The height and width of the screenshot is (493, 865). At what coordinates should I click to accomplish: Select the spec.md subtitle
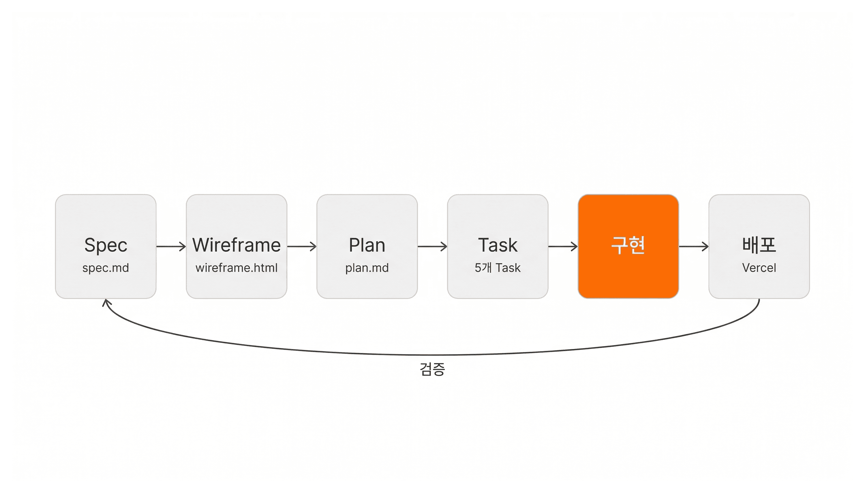coord(106,268)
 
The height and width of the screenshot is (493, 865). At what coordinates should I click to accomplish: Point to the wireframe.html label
coord(237,268)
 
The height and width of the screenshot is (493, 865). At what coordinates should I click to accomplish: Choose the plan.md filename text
coord(367,268)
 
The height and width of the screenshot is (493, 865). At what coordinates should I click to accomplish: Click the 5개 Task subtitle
coord(498,268)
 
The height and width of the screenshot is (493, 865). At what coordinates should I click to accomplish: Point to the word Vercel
coord(759,268)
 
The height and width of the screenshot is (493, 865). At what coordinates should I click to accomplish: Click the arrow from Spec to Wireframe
coord(171,246)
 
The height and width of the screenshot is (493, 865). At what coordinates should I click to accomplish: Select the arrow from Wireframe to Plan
coord(302,246)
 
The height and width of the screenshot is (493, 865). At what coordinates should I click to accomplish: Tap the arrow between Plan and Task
coord(432,246)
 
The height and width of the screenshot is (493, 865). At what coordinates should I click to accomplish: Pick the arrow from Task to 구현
coord(563,246)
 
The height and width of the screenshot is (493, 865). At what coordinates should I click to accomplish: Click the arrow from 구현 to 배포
coord(693,246)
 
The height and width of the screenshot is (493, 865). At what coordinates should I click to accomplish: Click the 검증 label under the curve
coord(432,369)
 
